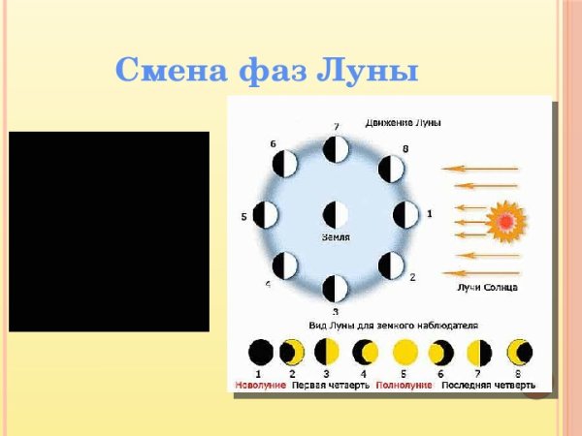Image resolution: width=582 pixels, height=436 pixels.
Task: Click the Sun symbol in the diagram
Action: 504,222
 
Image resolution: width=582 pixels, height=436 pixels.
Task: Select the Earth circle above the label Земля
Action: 336,214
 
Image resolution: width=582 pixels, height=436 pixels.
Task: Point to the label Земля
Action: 336,237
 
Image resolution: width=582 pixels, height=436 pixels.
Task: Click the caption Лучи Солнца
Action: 487,287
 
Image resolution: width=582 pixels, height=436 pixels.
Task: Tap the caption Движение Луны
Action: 404,123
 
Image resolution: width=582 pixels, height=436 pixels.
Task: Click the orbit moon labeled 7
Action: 336,150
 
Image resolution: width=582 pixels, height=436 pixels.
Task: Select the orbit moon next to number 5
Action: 265,215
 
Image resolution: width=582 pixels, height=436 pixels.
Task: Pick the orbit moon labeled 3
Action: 335,288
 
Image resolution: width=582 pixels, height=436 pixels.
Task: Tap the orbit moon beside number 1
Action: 405,214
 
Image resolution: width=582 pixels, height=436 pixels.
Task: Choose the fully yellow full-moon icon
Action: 404,352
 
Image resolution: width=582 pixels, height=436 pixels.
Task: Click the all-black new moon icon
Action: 260,352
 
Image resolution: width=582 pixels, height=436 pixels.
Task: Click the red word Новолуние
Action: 261,385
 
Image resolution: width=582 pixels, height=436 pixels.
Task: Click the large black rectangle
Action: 109,232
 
